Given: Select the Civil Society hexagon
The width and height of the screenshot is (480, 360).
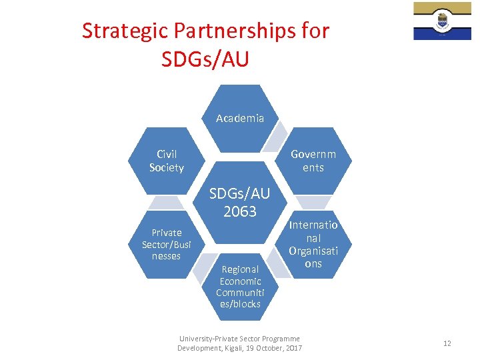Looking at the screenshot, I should tap(166, 161).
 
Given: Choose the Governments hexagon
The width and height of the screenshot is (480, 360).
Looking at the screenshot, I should tap(313, 161).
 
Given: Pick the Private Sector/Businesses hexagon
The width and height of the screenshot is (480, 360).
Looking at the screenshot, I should tap(166, 244).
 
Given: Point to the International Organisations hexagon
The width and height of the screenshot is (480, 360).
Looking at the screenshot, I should tap(313, 244).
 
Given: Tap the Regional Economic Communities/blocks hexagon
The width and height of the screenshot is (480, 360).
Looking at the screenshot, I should tap(240, 286).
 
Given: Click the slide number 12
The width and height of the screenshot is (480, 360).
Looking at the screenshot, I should tap(447, 343).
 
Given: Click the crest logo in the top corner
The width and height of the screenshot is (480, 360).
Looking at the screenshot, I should tap(442, 21).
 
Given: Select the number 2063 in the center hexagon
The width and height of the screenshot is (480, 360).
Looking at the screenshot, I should tap(240, 211).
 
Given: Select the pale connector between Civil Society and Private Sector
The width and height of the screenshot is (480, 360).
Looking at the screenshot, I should tap(166, 203).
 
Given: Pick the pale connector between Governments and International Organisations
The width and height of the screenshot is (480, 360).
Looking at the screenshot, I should tap(313, 201).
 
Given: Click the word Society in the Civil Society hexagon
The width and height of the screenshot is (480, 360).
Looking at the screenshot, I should tap(166, 167).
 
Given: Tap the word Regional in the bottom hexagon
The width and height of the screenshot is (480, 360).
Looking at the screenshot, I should tap(240, 269).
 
